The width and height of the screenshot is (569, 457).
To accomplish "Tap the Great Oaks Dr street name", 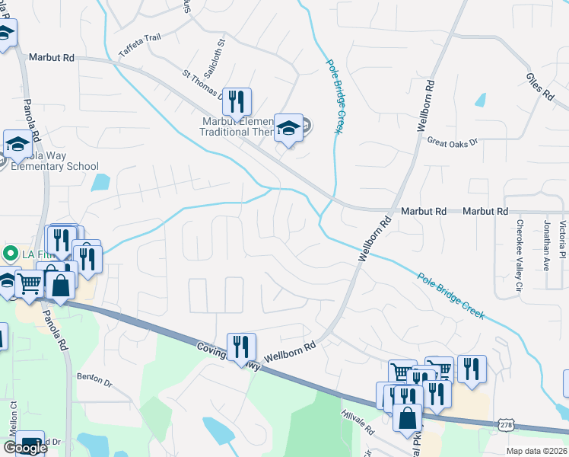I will point(452,142).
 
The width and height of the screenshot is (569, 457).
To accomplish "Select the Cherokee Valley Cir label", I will point(520,246).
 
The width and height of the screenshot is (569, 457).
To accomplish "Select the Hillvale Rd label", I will point(358,419).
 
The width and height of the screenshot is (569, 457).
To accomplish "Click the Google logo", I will point(25,448).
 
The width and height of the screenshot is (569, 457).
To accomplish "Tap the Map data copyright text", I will point(536,451).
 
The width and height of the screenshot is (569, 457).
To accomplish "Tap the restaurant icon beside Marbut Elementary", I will point(237,101).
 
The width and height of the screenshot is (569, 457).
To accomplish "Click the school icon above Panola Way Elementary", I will point(17,143).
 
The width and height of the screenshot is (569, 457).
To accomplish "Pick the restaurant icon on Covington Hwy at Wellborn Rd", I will point(241,347).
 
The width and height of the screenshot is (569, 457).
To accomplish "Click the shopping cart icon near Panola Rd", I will point(29,283).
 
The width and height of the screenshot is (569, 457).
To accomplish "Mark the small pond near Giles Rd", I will point(480,100).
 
